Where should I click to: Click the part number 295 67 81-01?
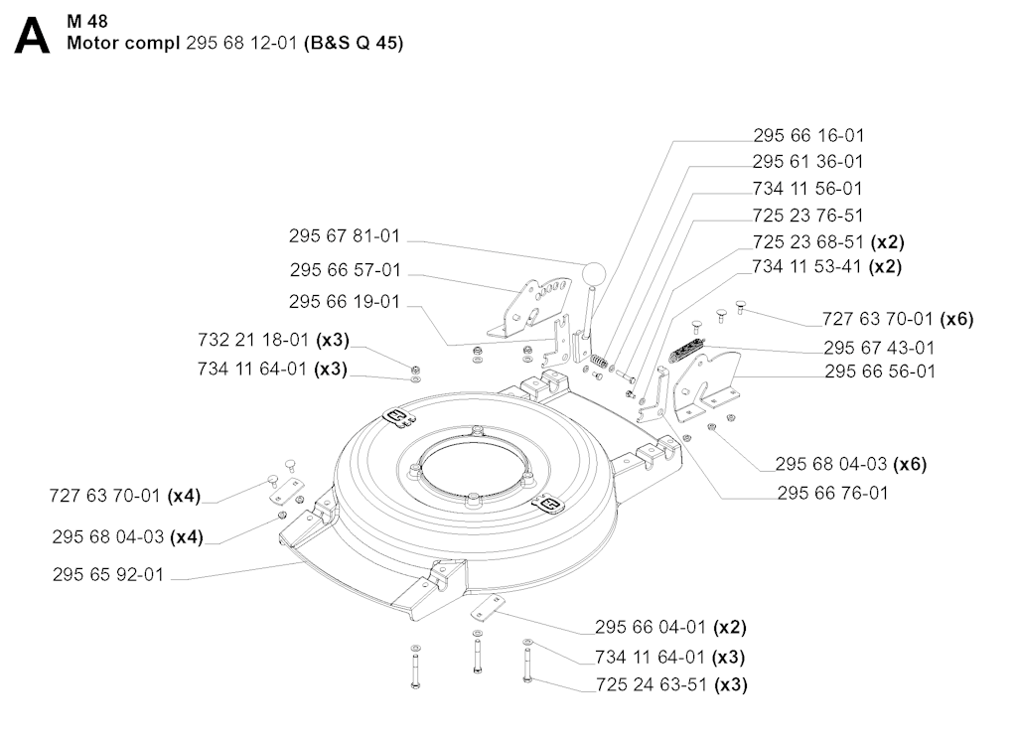tap(345, 236)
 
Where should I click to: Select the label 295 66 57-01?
tap(346, 269)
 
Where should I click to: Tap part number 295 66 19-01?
tap(345, 301)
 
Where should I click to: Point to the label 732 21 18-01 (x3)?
tap(273, 340)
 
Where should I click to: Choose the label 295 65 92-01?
tap(108, 574)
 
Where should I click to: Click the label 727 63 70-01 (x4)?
tap(126, 495)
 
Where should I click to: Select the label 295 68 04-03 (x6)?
tap(851, 463)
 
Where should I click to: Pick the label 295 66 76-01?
tap(833, 492)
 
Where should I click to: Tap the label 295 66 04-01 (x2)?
tap(670, 627)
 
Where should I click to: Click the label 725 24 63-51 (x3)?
tap(671, 684)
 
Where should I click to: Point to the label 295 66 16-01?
tap(807, 135)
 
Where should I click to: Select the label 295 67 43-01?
tap(879, 348)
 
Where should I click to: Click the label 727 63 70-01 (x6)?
tap(898, 319)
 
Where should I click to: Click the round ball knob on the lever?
tap(593, 272)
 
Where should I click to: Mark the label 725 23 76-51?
tap(807, 215)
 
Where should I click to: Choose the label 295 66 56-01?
tap(879, 372)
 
